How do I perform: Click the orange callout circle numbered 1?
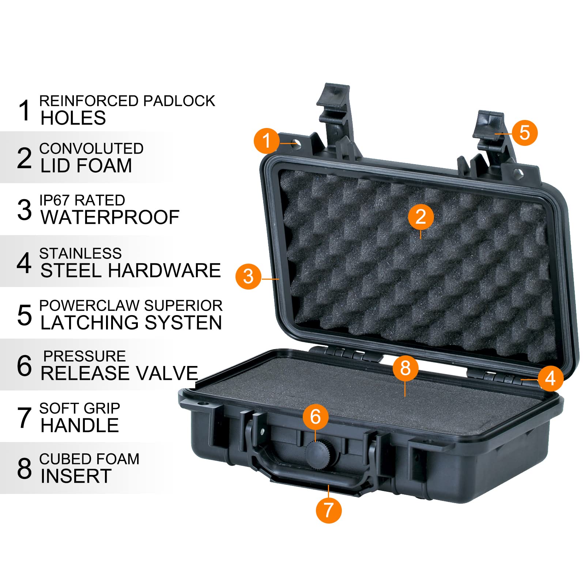coord(267,141)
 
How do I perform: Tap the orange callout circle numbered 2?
coord(420,216)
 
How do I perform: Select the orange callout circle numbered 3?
coord(248,276)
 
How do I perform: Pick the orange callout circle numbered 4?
coord(550,378)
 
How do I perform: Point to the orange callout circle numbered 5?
coord(525,132)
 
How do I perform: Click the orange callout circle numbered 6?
coord(315,416)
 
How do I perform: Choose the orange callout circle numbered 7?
coord(328,510)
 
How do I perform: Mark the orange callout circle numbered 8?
coord(405,368)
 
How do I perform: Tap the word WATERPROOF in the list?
coord(110,218)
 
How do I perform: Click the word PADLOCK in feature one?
coord(179,101)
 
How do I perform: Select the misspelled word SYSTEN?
coord(183,322)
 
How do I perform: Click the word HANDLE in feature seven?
coord(80,425)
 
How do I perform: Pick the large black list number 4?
coord(24,263)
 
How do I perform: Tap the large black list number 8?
coord(24,468)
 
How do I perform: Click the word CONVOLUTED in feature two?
coord(91,149)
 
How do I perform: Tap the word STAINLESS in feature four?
coord(80,253)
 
